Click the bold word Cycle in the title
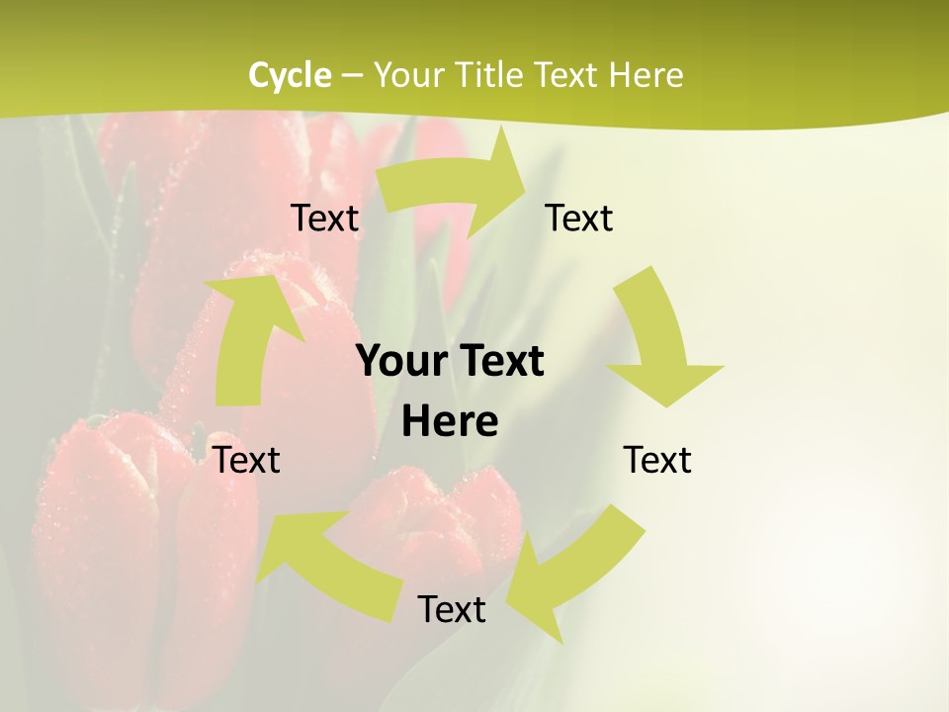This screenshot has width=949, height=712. [290, 75]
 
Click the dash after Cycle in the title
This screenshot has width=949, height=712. [351, 76]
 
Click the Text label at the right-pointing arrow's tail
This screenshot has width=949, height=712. [324, 219]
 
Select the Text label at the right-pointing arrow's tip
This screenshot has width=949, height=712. [579, 219]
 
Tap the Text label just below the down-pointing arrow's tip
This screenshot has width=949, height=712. [657, 460]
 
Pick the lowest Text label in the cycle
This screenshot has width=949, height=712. [452, 609]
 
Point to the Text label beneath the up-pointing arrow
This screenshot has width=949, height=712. [247, 460]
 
